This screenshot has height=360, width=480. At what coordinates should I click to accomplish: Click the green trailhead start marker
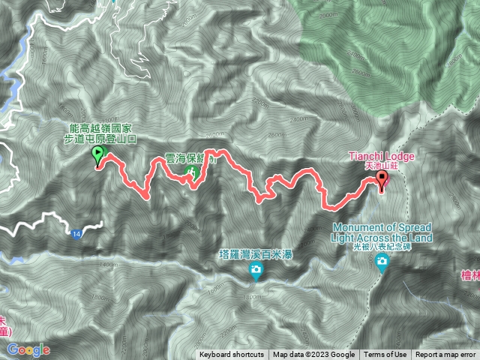point(97,155)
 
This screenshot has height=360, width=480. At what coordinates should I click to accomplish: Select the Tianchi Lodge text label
point(382,156)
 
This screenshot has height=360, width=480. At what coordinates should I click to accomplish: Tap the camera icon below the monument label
point(383,262)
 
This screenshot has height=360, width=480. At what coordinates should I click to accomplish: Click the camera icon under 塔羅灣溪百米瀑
point(256,270)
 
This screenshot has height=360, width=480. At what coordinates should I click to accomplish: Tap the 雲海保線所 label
point(191,160)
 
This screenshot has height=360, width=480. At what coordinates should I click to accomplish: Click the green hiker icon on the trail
point(191,174)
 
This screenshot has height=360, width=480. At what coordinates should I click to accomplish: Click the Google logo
point(28,350)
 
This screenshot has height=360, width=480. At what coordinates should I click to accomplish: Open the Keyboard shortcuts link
point(232,355)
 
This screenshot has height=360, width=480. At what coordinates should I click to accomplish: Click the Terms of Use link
point(385,355)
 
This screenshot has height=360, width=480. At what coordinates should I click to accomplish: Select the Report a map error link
point(445,355)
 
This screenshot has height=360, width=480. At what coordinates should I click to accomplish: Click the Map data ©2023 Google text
point(313,355)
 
